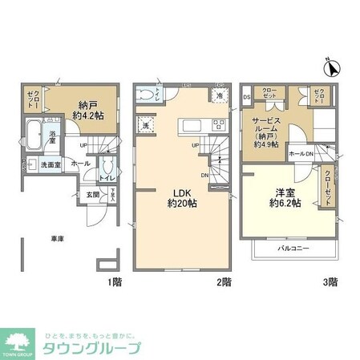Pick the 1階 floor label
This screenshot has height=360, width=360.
point(115,281)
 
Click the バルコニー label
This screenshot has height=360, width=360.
point(294,250)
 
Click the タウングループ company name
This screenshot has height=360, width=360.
point(93,348)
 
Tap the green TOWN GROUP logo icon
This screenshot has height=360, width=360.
point(18,338)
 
